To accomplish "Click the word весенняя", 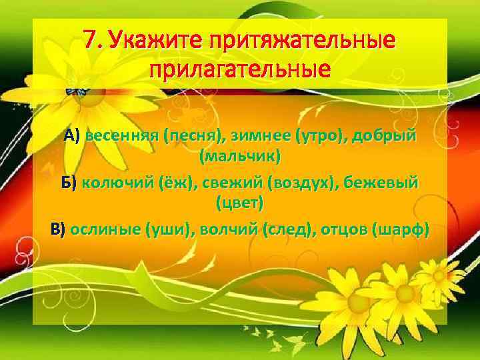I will (118, 137).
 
